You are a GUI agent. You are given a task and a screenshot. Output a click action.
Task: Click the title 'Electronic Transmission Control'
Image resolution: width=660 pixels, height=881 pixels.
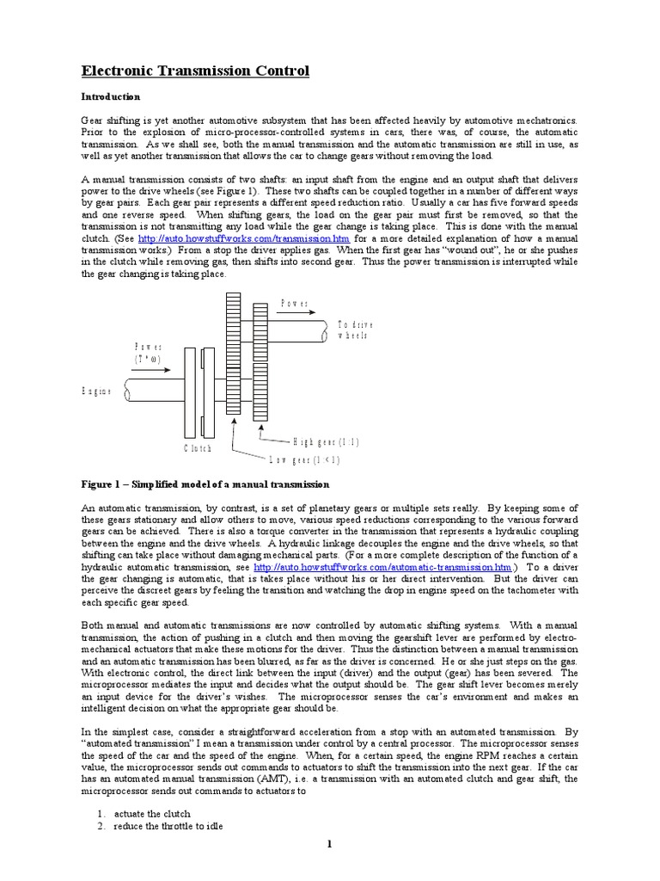pos(195,71)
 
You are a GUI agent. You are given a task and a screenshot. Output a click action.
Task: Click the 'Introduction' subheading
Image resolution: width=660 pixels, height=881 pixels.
pos(110,97)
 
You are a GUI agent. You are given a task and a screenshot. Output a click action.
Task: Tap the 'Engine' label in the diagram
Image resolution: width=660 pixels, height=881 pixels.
pos(97,391)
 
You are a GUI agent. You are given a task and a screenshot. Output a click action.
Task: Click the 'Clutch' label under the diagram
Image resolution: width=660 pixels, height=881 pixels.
pos(197,448)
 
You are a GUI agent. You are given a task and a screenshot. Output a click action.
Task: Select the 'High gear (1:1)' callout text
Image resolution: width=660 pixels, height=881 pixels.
pos(327,441)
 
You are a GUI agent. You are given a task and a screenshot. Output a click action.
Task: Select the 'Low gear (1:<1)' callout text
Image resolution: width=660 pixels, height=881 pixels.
pos(305,459)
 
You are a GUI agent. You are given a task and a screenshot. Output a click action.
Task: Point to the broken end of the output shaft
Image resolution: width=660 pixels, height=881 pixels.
pos(326,330)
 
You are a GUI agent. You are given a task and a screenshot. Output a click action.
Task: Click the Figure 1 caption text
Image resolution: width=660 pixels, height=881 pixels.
pos(205,484)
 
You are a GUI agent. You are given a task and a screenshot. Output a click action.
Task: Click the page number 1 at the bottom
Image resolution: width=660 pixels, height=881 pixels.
pos(329,846)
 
